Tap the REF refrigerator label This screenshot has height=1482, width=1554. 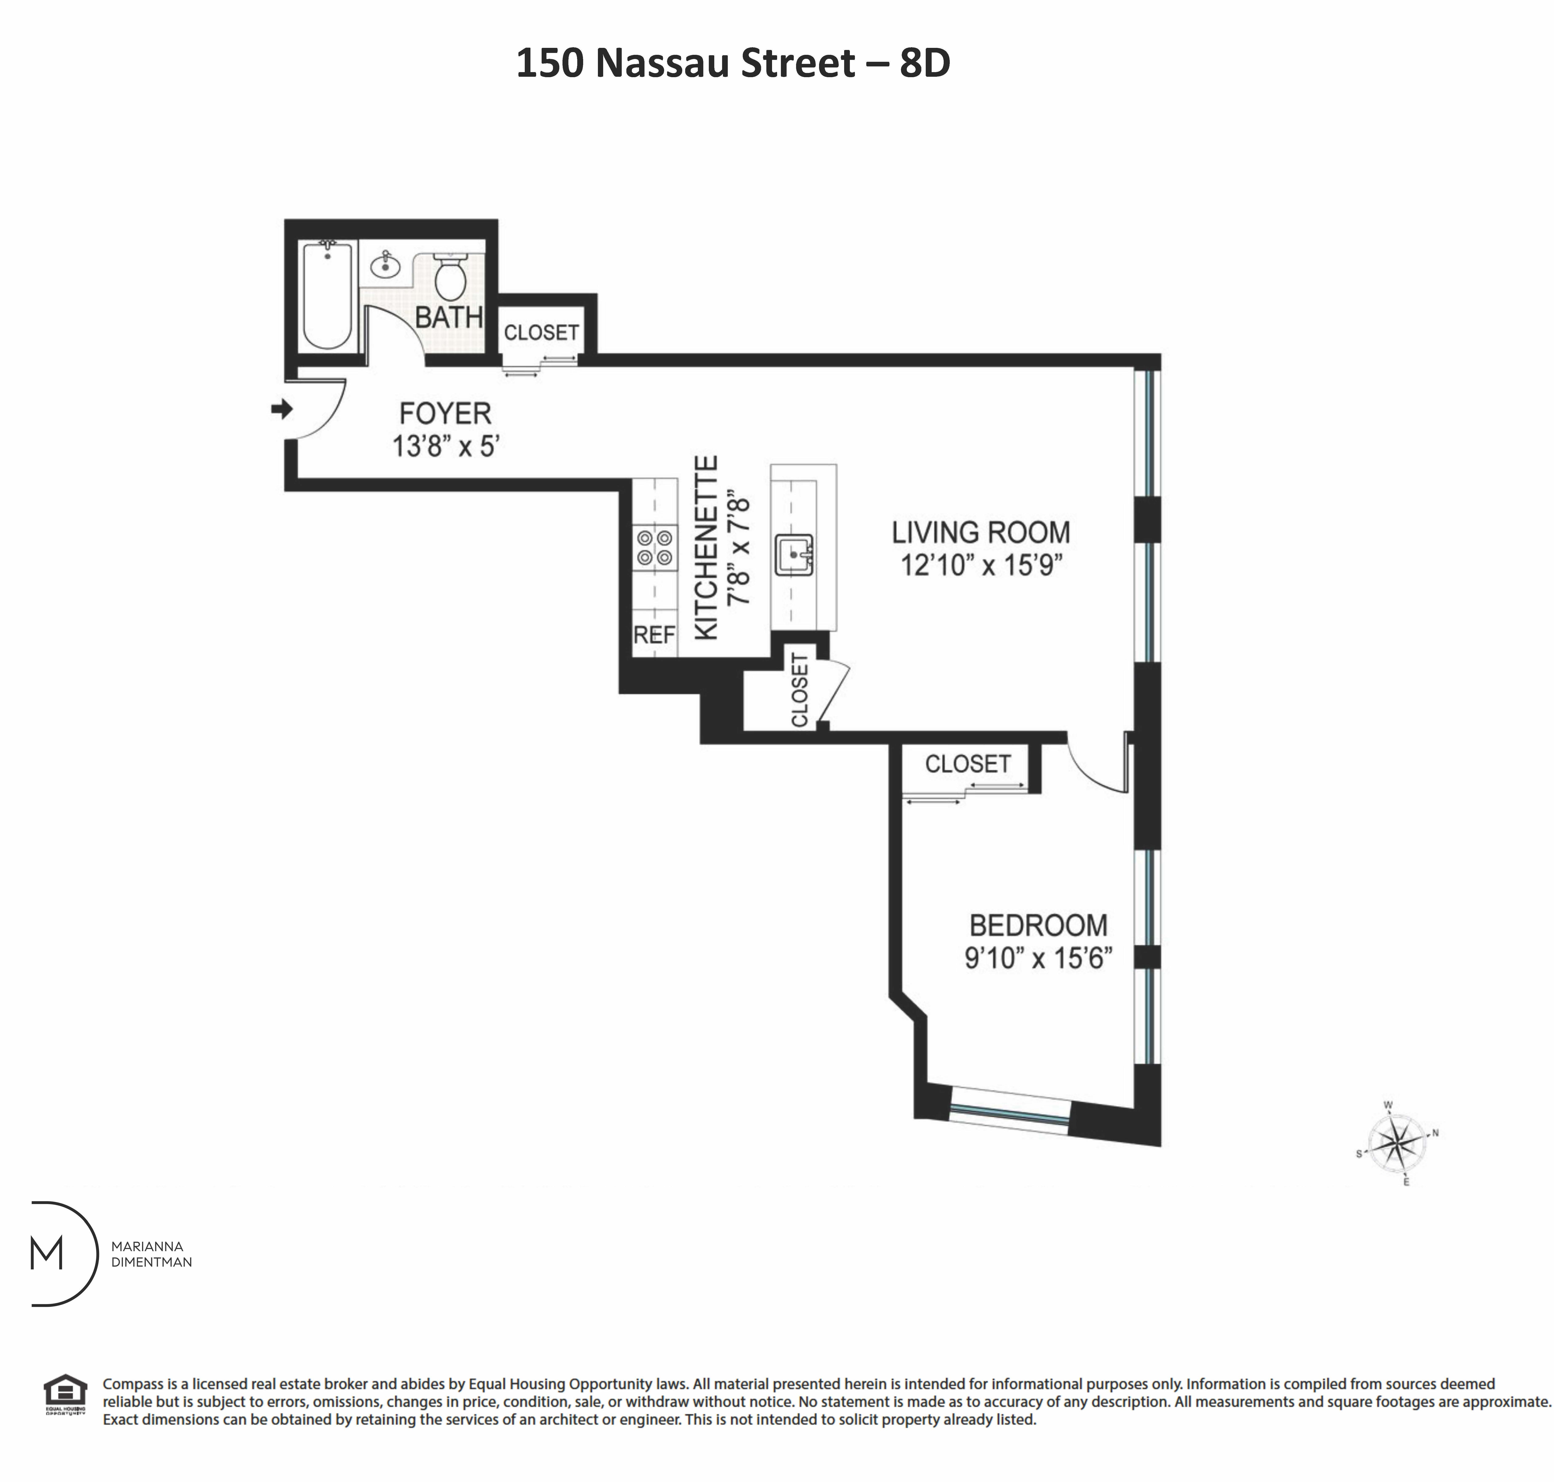click(x=654, y=634)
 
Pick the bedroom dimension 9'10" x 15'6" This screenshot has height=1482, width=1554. click(x=1037, y=958)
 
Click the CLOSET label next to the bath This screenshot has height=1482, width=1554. click(x=541, y=332)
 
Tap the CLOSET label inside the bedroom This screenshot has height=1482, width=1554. click(x=967, y=764)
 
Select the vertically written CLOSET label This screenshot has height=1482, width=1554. click(x=799, y=690)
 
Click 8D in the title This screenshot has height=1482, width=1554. click(x=924, y=63)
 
